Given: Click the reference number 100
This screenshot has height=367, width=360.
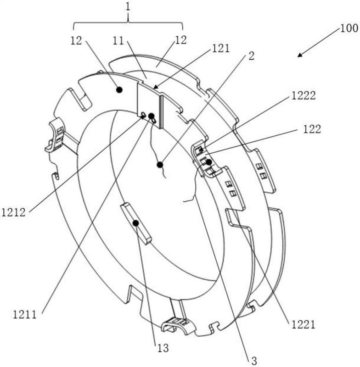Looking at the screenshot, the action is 349,28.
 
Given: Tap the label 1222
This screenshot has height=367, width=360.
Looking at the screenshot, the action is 304,95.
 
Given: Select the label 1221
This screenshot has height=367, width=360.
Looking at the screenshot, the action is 303,325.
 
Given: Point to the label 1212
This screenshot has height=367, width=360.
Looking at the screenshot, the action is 13,212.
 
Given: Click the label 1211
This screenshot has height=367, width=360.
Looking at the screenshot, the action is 25,314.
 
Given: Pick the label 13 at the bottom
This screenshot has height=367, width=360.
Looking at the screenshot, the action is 163,348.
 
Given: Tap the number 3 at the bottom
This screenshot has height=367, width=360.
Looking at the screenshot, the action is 254,361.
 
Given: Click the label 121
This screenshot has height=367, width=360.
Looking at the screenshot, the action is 220,49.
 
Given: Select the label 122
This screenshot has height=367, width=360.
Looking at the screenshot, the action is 312,129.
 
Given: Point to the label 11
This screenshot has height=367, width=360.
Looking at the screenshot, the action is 118,41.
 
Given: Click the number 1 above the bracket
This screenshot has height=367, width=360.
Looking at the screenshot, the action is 128,7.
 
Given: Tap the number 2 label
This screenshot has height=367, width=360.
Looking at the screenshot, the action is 251,56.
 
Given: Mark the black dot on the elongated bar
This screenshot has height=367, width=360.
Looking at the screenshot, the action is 135,223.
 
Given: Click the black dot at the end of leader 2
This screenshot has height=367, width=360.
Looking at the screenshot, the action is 160,165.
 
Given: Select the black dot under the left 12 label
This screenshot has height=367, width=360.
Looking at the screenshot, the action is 119,89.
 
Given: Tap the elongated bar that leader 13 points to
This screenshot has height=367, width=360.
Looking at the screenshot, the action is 136,223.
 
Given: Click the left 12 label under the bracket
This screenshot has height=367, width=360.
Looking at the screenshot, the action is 76,41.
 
